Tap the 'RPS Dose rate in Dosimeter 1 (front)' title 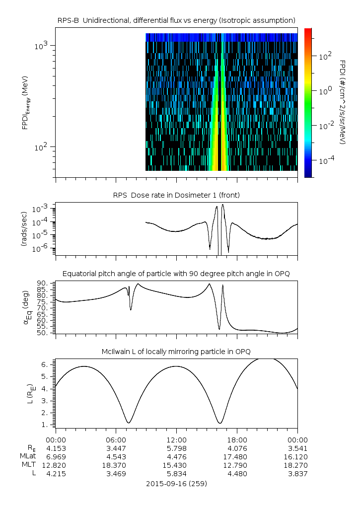click(176, 195)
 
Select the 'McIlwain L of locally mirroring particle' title click(176, 352)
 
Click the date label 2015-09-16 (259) click(176, 483)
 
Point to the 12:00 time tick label click(176, 439)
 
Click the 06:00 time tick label click(116, 439)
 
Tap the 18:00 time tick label click(237, 439)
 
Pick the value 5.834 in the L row click(176, 474)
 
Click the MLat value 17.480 click(237, 456)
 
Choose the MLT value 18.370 click(116, 465)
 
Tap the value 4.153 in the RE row click(56, 448)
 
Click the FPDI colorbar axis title click(343, 102)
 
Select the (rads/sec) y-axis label click(24, 229)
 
